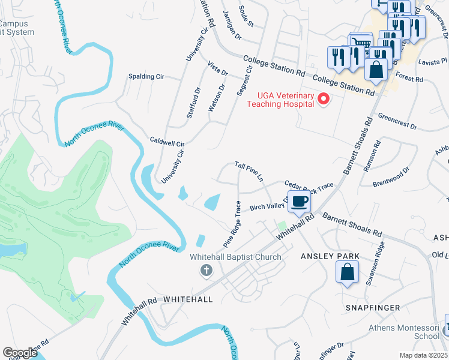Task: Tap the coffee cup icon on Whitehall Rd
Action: (299, 202)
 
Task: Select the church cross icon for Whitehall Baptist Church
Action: (206, 271)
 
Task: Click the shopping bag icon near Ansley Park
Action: (348, 273)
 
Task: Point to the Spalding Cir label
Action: (146, 77)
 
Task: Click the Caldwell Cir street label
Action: (167, 144)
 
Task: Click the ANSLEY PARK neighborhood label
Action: (330, 256)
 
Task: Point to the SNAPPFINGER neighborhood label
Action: (373, 308)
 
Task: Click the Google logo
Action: (20, 353)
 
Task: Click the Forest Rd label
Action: (410, 79)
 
